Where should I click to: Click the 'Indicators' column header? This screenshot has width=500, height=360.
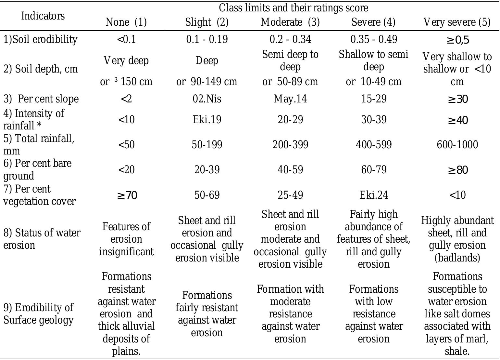43,16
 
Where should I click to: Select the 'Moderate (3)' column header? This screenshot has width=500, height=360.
290,22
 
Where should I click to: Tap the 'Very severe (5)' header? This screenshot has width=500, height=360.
457,22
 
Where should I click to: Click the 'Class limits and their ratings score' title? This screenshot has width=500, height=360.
293,8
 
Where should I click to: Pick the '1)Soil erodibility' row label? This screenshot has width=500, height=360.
40,39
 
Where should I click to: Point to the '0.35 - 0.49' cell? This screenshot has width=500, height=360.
374,39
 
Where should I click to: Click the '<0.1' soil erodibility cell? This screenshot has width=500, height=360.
126,39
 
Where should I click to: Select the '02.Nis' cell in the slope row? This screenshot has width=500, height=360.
207,99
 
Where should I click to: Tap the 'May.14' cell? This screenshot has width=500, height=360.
290,99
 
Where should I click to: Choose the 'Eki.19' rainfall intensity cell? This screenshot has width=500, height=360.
207,119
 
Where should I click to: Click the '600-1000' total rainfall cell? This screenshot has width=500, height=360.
457,144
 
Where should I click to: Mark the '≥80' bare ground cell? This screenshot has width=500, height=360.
457,170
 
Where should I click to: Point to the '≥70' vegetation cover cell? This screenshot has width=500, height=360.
127,195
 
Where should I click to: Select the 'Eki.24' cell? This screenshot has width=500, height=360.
374,195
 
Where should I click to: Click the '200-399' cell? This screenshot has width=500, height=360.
290,144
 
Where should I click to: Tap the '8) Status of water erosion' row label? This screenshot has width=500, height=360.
42,239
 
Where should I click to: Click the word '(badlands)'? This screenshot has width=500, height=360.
457,258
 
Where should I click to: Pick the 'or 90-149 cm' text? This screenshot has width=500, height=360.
207,82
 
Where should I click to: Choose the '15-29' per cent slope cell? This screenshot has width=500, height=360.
374,99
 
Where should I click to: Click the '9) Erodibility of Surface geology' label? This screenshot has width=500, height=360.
38,314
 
